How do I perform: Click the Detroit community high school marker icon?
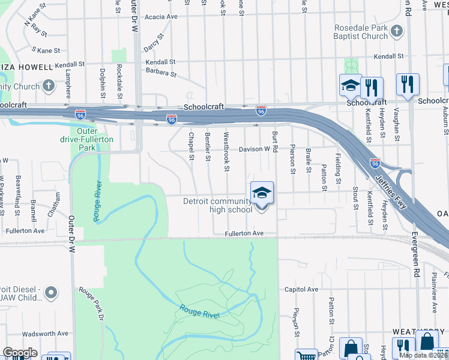[x=262, y=193]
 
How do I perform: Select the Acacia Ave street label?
[x=161, y=17]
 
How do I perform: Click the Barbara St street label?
[x=160, y=73]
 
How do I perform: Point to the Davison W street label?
[x=254, y=149]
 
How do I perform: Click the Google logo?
[x=20, y=353]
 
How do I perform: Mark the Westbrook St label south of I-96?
[x=226, y=152]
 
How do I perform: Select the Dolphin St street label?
[x=103, y=83]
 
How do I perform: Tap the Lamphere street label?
[x=68, y=85]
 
